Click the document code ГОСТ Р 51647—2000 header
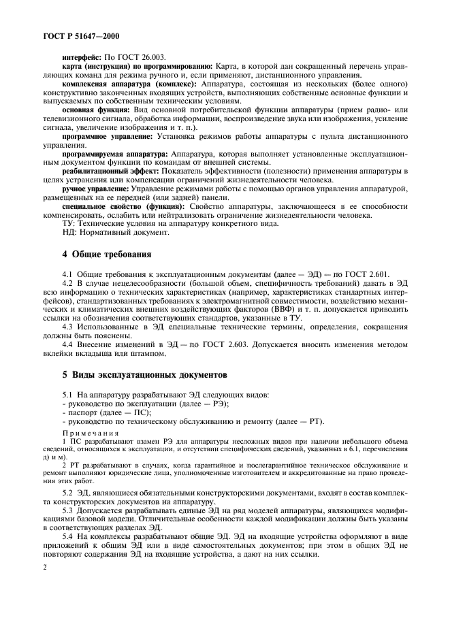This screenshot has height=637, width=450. point(74,33)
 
